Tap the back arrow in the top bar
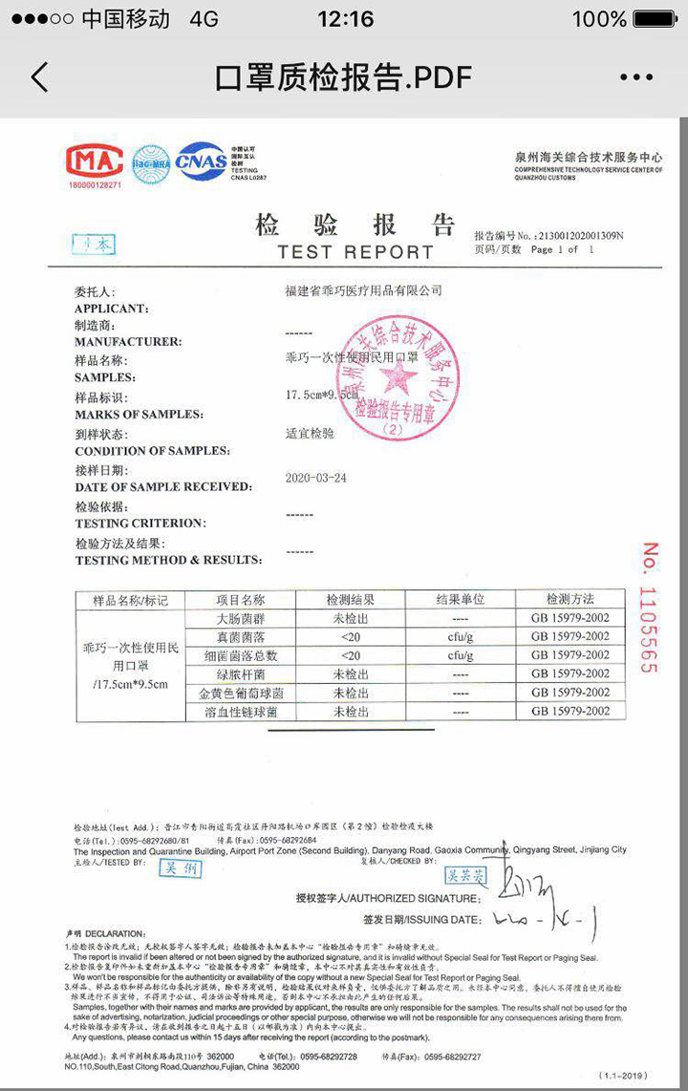39,77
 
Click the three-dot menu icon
636,77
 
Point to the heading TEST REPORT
355,252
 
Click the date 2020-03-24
316,478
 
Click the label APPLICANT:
111,309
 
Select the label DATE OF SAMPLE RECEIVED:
163,487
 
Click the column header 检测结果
352,600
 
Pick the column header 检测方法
570,600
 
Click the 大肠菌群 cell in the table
241,618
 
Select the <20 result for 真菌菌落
352,636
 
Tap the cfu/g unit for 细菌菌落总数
461,655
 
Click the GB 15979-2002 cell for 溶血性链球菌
570,712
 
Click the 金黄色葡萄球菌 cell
241,693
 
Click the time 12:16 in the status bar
345,19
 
